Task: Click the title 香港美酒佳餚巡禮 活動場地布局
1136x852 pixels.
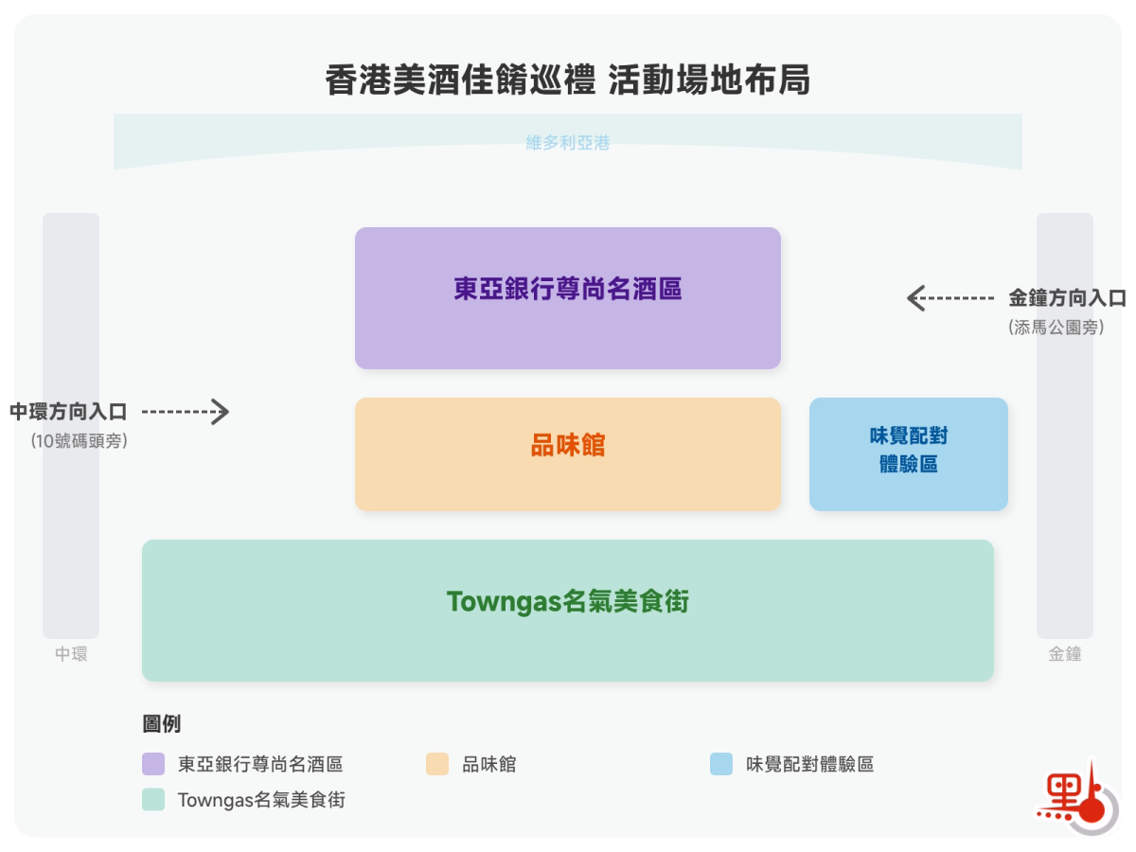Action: tap(568, 80)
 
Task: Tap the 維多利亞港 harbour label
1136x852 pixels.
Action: tap(568, 143)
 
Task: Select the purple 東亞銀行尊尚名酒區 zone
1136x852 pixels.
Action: tap(568, 297)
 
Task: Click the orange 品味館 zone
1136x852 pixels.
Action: tap(568, 454)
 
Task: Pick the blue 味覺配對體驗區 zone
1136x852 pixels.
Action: tap(909, 454)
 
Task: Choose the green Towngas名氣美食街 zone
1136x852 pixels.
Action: tap(568, 611)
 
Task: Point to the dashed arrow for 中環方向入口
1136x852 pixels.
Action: tap(186, 412)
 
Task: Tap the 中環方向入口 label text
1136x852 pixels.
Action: tap(68, 412)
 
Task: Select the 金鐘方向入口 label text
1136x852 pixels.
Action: tap(1067, 298)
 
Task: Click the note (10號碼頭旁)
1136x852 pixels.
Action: tap(79, 440)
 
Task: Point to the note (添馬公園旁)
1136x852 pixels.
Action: tap(1056, 328)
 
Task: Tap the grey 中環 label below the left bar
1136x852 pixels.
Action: tap(71, 654)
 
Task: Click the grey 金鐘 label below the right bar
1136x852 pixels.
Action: tap(1065, 654)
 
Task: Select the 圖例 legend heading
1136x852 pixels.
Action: tap(162, 724)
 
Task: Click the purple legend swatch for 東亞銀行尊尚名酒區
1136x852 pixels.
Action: tap(153, 764)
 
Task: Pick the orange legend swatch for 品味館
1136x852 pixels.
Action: tap(437, 764)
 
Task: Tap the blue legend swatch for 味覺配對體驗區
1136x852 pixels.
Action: tap(721, 764)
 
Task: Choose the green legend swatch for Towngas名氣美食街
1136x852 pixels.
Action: tap(153, 800)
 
